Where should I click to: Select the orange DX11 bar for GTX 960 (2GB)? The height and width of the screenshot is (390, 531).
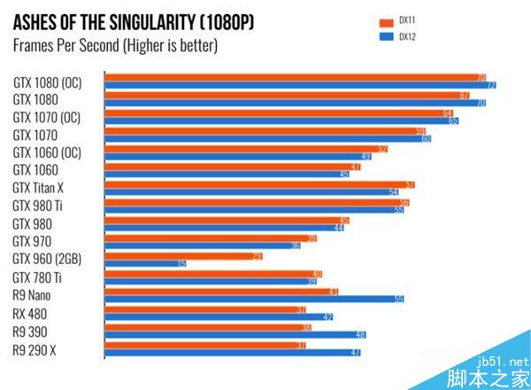[181, 255]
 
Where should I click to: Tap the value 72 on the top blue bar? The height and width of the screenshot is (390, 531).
[491, 86]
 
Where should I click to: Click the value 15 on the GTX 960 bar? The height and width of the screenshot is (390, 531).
[181, 264]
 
